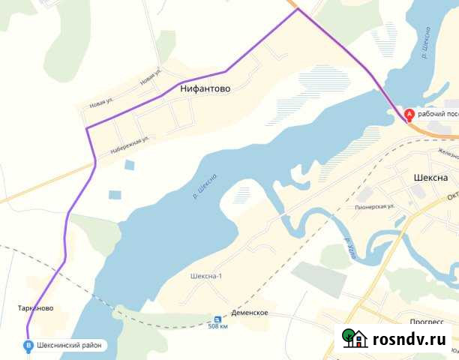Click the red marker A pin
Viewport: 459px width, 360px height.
[409, 115]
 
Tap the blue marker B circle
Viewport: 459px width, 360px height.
[28, 346]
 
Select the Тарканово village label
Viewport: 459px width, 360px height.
[35, 308]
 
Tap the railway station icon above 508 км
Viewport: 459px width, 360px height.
[218, 317]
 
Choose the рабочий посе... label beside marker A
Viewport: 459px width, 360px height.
[437, 115]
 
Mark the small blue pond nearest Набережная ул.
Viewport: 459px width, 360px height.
[130, 164]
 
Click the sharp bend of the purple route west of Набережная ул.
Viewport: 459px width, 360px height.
[87, 129]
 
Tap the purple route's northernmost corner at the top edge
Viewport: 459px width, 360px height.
[298, 9]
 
